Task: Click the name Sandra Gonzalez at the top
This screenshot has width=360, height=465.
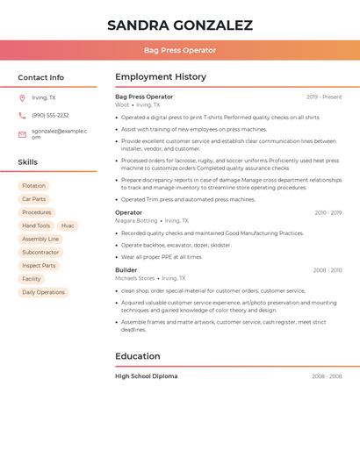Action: point(179,25)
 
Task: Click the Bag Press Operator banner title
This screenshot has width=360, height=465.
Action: point(179,50)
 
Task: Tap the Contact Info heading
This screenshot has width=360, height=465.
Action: point(40,77)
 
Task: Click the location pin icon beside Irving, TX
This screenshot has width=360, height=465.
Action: point(22,98)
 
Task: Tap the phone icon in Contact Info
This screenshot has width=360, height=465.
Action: point(22,115)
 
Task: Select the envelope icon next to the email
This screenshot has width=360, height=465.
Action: point(22,134)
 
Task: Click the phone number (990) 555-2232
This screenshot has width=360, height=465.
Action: point(50,115)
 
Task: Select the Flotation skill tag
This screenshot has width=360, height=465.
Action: point(33,186)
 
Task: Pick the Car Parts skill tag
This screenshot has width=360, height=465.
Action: point(33,199)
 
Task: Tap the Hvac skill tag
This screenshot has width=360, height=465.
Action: point(68,225)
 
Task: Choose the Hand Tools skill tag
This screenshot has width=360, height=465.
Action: point(36,225)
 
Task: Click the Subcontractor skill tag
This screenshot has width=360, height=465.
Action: point(40,252)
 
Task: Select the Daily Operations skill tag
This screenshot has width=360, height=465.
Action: point(43,292)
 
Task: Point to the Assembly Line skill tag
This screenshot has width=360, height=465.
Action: point(40,239)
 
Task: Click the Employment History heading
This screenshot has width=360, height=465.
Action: point(160,77)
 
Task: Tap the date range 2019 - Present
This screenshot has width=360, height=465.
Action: point(324,97)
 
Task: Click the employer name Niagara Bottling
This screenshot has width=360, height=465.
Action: point(136,220)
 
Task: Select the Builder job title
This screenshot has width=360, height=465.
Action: point(126,269)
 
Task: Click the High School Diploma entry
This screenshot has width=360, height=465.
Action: point(146,376)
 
